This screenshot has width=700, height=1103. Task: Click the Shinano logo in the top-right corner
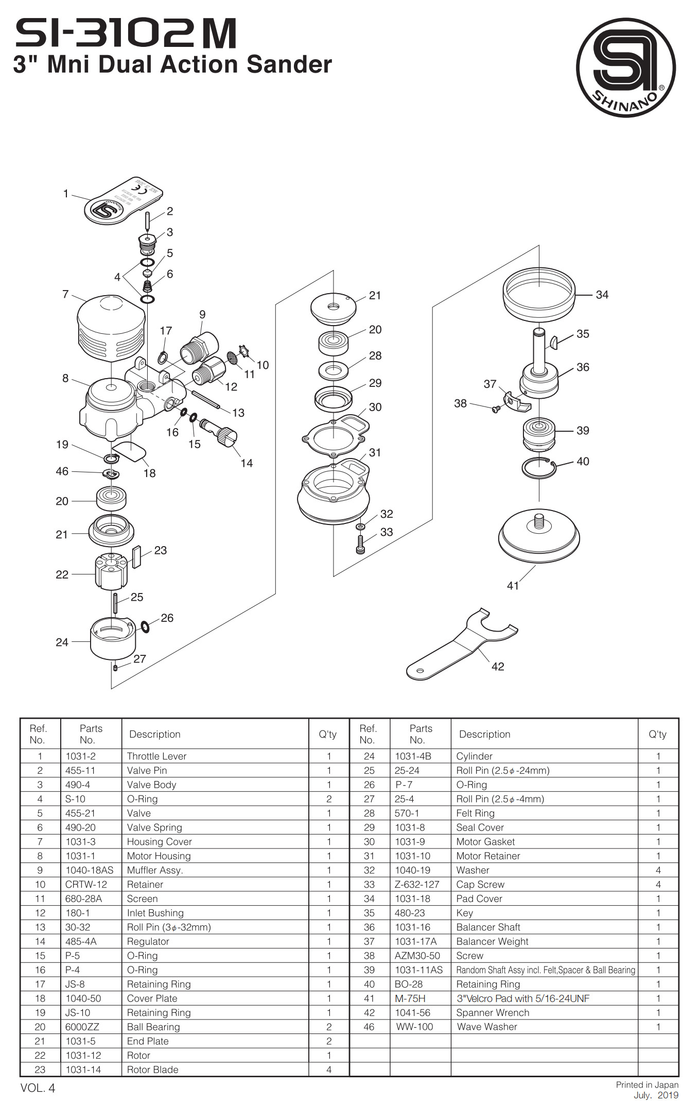tap(625, 67)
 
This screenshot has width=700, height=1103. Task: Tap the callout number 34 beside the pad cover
tap(602, 295)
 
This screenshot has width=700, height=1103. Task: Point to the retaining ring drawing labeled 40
tap(538, 468)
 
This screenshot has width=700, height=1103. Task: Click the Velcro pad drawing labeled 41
tap(539, 539)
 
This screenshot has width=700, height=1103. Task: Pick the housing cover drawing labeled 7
tap(111, 328)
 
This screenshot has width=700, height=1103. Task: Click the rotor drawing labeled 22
tap(111, 571)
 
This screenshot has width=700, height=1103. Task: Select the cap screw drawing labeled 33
tap(360, 544)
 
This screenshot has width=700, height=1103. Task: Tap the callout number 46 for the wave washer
tap(62, 471)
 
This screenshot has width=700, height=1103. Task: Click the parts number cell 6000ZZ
tap(82, 1027)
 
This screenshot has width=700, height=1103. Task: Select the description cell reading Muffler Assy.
tap(155, 870)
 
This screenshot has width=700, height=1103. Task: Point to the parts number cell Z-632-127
tap(417, 885)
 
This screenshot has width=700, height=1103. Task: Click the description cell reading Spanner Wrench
tap(493, 1012)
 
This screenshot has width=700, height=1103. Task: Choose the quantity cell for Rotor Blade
tap(329, 1070)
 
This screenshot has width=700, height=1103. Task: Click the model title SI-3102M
tap(126, 33)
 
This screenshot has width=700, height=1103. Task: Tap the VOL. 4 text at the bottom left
tap(38, 1088)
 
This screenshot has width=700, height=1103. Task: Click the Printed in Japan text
tap(647, 1084)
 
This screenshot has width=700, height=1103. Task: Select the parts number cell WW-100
tap(414, 1027)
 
